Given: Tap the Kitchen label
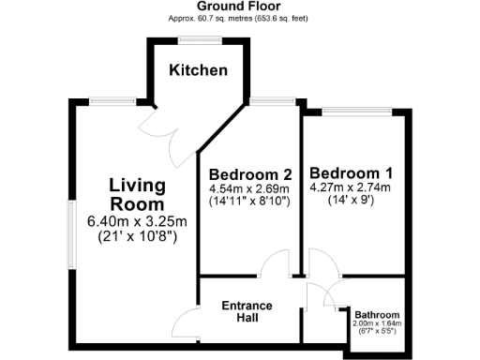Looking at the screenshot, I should [198, 70].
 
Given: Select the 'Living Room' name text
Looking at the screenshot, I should [137, 193].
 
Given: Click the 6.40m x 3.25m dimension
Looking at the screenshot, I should [138, 221].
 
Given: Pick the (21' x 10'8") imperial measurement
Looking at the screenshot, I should [138, 236].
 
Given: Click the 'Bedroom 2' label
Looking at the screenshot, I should [251, 174].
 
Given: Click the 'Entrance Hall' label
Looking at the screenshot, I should [247, 312].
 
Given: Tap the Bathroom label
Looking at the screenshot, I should [377, 315].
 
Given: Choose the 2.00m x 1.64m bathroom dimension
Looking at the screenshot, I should [377, 324].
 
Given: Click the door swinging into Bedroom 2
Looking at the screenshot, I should [276, 265].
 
